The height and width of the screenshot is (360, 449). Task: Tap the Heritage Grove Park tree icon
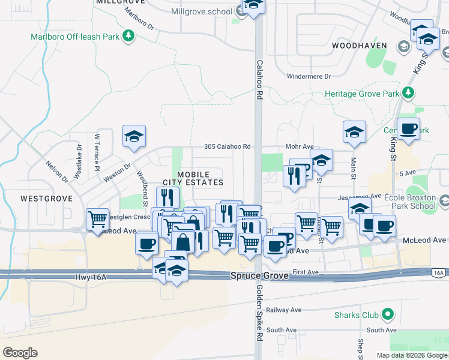tap(408, 93)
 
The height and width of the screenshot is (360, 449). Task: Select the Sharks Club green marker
tap(388, 314)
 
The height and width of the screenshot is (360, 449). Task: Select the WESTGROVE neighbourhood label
tap(46, 198)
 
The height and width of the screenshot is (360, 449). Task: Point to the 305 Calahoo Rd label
tap(227, 146)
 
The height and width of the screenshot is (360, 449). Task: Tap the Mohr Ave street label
tap(300, 146)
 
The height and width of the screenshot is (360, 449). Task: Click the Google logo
tap(20, 352)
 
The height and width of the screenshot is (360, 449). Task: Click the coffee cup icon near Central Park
tap(408, 128)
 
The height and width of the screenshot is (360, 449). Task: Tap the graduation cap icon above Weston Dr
tap(134, 136)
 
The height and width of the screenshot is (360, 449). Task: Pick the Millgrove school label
tap(202, 11)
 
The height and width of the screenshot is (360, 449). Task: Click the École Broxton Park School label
tap(420, 201)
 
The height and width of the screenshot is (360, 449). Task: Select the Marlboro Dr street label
tap(139, 20)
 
